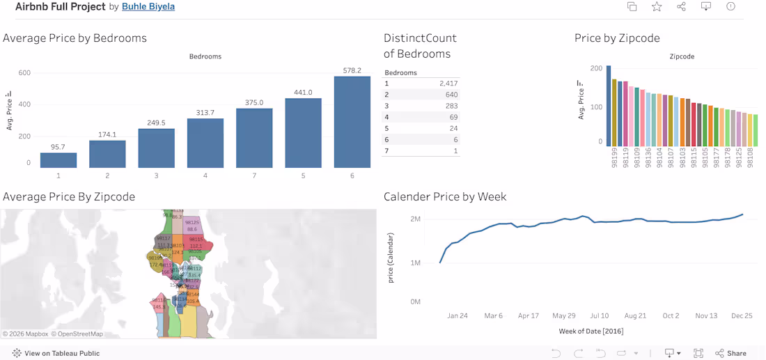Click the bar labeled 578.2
click(352, 122)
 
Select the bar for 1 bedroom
click(58, 160)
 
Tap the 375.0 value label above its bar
click(254, 102)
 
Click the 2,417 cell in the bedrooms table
click(448, 84)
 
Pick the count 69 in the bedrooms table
click(452, 117)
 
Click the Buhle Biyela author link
click(148, 7)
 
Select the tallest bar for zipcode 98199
click(609, 104)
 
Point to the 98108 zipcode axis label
click(750, 157)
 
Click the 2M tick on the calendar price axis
click(415, 219)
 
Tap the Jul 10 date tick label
click(599, 315)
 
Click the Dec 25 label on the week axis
click(742, 315)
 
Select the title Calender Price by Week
click(445, 197)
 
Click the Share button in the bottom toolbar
click(730, 353)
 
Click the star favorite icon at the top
click(657, 7)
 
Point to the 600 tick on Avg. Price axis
click(24, 73)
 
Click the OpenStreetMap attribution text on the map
click(77, 334)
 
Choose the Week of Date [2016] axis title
click(591, 331)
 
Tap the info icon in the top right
click(730, 7)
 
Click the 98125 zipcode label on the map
click(192, 222)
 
